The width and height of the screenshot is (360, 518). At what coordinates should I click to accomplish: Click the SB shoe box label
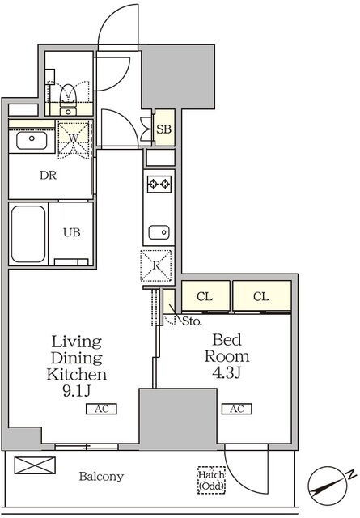point(163,129)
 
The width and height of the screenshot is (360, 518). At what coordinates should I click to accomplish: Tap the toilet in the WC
point(69,99)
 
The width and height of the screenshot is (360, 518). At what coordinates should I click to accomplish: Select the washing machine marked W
point(74,138)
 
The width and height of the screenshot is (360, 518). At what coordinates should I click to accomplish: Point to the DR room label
point(49,175)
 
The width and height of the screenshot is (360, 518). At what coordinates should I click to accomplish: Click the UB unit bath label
point(72,232)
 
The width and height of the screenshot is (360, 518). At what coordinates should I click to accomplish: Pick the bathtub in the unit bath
point(28,234)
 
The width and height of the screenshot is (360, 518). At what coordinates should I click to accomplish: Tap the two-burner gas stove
point(159,184)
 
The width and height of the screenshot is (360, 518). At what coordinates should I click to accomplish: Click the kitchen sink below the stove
point(159,232)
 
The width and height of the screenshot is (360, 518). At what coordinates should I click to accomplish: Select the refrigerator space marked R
point(156,265)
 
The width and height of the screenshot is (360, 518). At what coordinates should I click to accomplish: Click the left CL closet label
point(205,296)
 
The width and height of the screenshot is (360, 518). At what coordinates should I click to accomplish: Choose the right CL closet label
point(261,296)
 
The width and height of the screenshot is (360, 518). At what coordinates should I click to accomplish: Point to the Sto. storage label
point(193,321)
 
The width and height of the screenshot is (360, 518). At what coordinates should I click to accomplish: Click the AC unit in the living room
point(101,409)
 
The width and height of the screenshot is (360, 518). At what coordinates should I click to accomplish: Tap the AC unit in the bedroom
point(237,409)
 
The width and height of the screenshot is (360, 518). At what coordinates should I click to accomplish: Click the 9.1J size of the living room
point(76,391)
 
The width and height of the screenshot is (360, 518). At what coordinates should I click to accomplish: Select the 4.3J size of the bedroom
point(227,372)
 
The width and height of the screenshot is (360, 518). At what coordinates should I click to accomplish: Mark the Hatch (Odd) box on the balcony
point(212,480)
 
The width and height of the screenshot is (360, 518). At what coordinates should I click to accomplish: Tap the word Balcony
point(101,476)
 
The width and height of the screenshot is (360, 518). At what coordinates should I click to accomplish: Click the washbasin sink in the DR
point(32,140)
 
